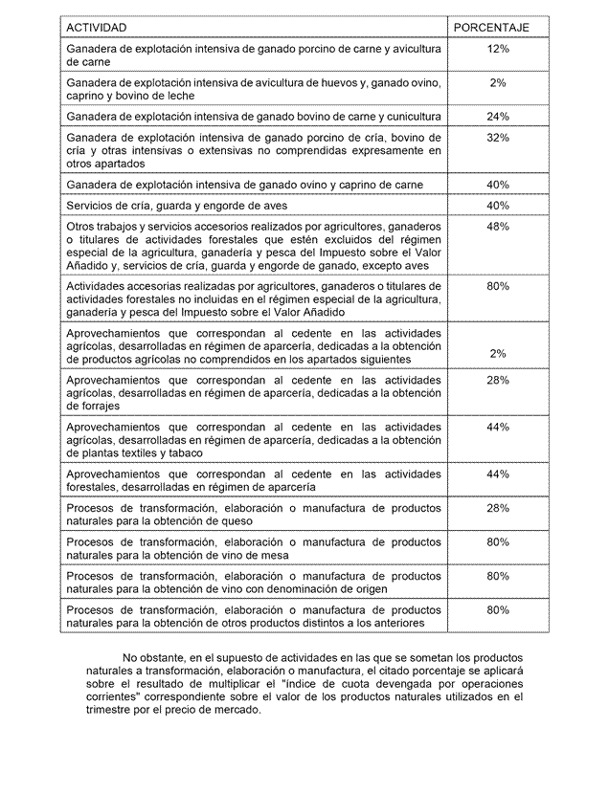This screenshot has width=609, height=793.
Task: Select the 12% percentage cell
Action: point(498,48)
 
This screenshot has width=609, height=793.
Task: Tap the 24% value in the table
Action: point(498,117)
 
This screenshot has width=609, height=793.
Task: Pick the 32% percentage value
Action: point(498,138)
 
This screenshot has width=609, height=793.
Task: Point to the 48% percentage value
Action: point(498,227)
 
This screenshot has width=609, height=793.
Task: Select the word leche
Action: point(179,96)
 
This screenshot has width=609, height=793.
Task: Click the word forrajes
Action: point(87,406)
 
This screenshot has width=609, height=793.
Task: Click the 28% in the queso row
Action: point(498,508)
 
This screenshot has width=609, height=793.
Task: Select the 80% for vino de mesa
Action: point(498,542)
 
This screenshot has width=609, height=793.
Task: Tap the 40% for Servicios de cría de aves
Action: point(498,206)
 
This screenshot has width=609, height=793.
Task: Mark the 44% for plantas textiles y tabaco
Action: point(498,427)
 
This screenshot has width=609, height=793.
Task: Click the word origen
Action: point(367,589)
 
